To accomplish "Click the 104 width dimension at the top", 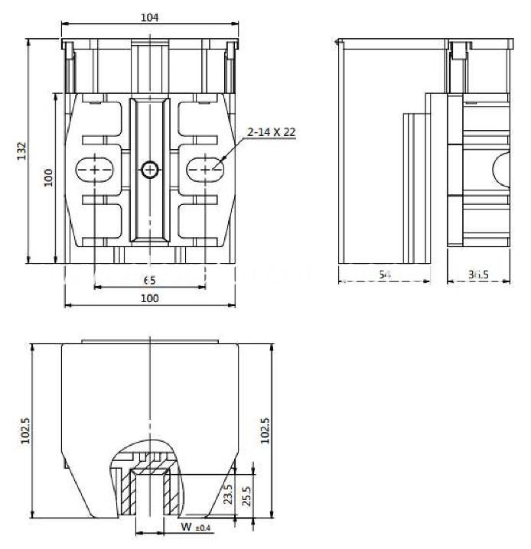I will click(x=150, y=17).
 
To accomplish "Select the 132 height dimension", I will click(x=22, y=151).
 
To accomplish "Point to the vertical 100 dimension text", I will click(x=48, y=178).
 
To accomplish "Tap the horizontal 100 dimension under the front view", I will click(x=150, y=298).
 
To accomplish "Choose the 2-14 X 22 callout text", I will click(x=272, y=132).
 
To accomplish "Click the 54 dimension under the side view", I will click(x=385, y=273).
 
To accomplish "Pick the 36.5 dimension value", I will click(x=479, y=273).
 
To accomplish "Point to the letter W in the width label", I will click(x=186, y=527).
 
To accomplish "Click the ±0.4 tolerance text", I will click(x=202, y=528).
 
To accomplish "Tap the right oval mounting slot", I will click(x=204, y=169).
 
